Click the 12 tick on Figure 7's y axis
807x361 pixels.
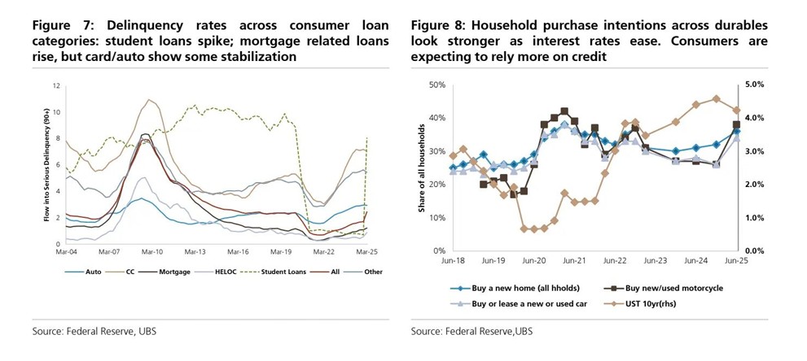point(56,85)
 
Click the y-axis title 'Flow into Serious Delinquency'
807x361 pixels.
point(46,167)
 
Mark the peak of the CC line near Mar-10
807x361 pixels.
point(149,100)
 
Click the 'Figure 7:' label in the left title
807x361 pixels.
point(62,25)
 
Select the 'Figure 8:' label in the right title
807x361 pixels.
point(441,25)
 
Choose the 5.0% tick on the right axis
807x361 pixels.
point(755,85)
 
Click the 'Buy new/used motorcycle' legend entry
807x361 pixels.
point(664,287)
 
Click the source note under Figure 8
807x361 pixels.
point(471,331)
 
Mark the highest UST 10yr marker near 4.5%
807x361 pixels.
point(716,99)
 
